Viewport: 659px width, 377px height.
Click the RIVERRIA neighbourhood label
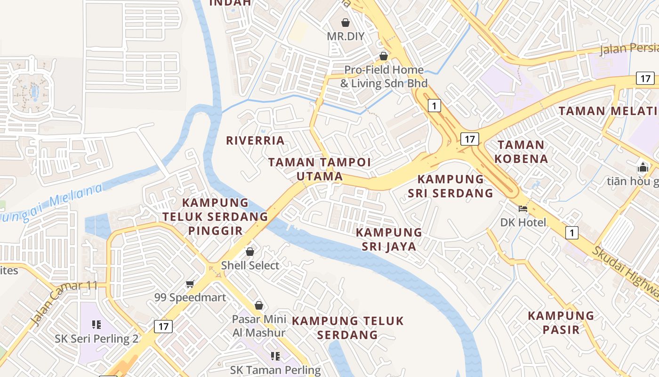coord(255,140)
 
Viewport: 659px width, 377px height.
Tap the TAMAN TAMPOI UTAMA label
coord(320,169)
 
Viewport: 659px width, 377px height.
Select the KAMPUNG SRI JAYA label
coord(389,239)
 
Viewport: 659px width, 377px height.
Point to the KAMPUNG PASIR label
coord(561,322)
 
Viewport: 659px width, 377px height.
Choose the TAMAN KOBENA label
coord(521,152)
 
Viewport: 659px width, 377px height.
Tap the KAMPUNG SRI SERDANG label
coord(455,186)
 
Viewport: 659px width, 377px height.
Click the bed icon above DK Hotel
coord(523,208)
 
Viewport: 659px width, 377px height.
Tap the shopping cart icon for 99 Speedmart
coord(190,284)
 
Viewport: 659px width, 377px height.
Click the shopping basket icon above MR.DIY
coord(346,23)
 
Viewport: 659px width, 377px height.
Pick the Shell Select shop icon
coord(250,252)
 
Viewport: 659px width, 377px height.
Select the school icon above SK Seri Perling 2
coord(96,324)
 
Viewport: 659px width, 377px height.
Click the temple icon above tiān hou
coord(643,167)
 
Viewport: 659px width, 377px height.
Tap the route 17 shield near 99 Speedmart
coord(163,326)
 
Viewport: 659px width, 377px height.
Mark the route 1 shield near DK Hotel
coord(572,232)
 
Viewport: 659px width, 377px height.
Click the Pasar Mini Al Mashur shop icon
coord(258,305)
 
